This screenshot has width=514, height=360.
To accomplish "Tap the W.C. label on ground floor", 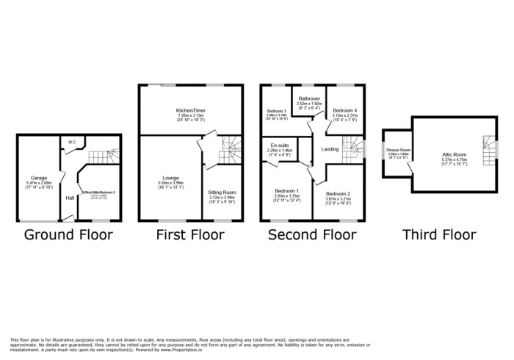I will pyautogui.click(x=73, y=142).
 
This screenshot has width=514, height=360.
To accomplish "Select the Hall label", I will pyautogui.click(x=70, y=198).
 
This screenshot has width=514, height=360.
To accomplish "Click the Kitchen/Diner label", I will pyautogui.click(x=191, y=109).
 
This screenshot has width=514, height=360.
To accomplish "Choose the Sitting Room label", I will pyautogui.click(x=223, y=192).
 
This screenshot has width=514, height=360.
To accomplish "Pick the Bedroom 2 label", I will pyautogui.click(x=339, y=193).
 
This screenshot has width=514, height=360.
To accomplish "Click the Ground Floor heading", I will pyautogui.click(x=69, y=235).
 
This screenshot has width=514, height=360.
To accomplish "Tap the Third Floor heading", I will pyautogui.click(x=439, y=235).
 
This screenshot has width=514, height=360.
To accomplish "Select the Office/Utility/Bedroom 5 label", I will pyautogui.click(x=98, y=195).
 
